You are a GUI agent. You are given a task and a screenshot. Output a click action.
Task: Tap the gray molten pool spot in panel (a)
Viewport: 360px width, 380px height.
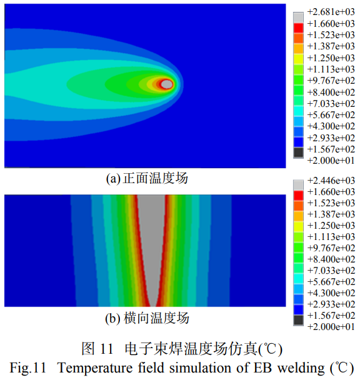[x=166, y=84]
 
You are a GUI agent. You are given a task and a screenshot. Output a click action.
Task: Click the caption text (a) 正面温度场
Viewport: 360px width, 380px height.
[x=146, y=179]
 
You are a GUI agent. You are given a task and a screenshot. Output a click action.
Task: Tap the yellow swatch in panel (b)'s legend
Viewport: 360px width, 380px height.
[x=299, y=225]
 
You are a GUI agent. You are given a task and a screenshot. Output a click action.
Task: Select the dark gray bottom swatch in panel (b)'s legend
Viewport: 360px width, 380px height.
[x=299, y=320]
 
